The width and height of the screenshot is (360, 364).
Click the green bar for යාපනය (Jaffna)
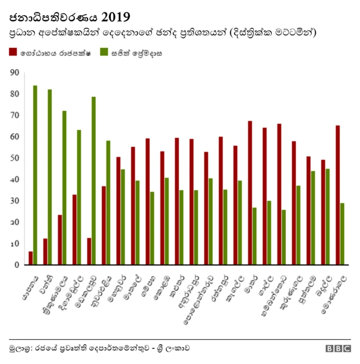(x=35, y=175)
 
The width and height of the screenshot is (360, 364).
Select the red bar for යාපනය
(x=30, y=258)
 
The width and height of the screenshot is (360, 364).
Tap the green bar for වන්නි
(x=49, y=177)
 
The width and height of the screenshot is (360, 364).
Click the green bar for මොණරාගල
(x=342, y=233)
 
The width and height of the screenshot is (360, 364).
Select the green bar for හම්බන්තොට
(x=283, y=237)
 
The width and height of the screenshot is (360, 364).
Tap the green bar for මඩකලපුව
(x=93, y=181)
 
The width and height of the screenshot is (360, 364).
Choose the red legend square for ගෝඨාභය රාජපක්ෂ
(x=12, y=52)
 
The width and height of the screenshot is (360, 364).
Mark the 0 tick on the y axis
(x=16, y=265)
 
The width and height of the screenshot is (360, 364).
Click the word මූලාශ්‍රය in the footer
(x=20, y=348)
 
